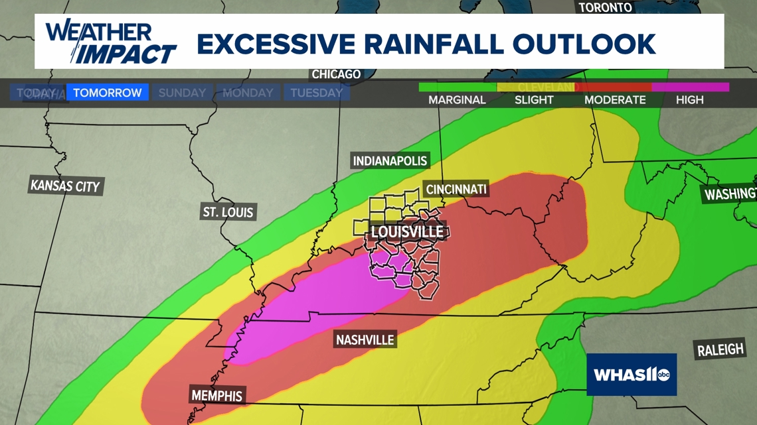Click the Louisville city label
click(x=407, y=232)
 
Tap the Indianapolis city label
click(x=390, y=161)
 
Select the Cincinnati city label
click(x=456, y=190)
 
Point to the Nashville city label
click(x=365, y=340)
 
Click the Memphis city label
click(x=217, y=396)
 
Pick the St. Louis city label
click(x=228, y=212)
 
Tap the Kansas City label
click(x=65, y=186)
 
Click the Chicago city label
click(x=336, y=74)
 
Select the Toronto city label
click(x=605, y=7)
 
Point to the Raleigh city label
click(x=720, y=349)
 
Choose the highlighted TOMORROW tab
click(x=107, y=93)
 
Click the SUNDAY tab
click(x=182, y=93)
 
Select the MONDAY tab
click(x=248, y=93)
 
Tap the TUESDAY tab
click(x=316, y=93)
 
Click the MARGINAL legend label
click(x=457, y=100)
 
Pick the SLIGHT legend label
click(x=534, y=100)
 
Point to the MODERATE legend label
click(x=615, y=100)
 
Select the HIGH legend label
click(x=689, y=100)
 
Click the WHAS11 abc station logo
click(x=631, y=375)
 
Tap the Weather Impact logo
click(x=110, y=42)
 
